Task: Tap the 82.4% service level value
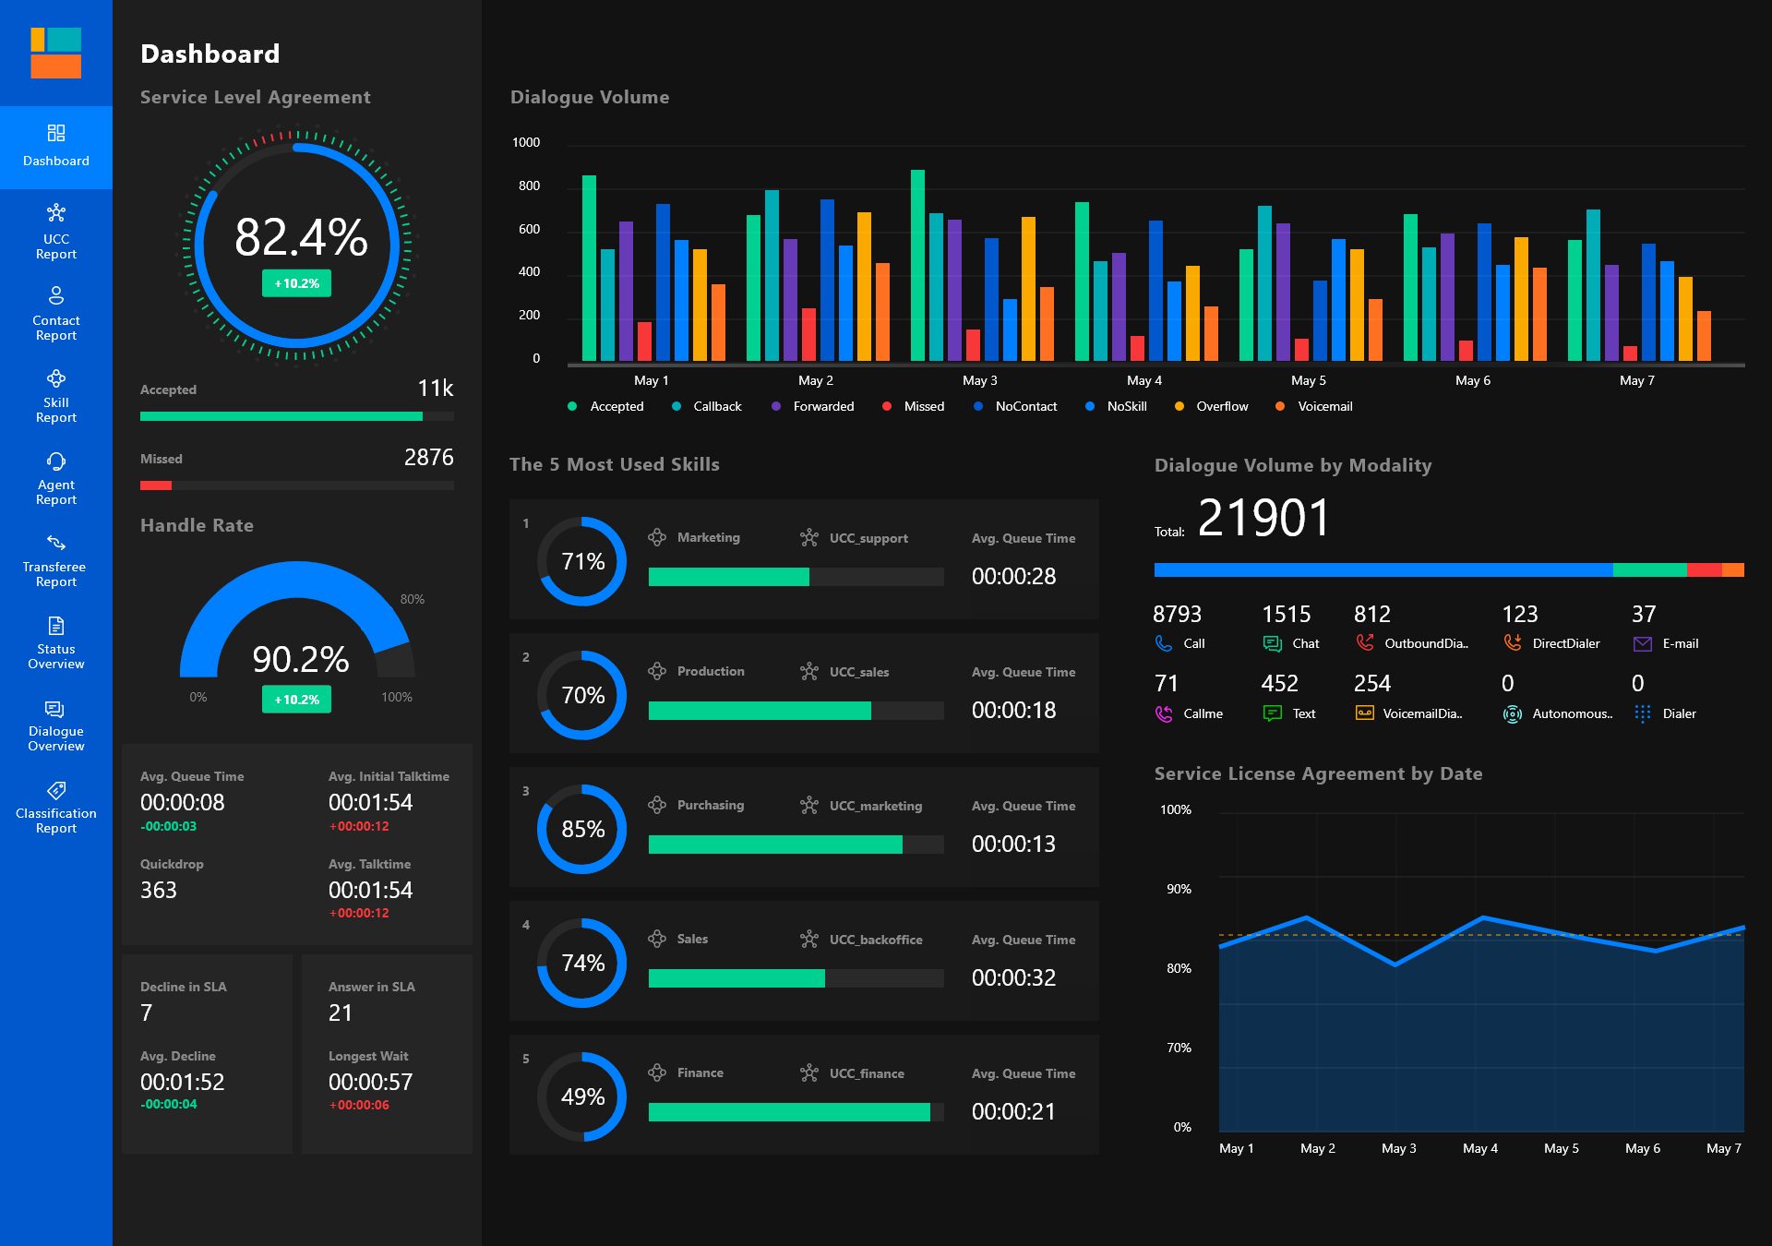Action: [301, 237]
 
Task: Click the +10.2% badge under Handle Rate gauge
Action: [296, 700]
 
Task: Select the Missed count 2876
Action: [428, 458]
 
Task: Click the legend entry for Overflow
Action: [1221, 406]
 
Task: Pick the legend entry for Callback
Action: [716, 406]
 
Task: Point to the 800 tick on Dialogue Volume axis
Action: [529, 186]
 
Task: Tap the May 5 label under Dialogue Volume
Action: [1308, 380]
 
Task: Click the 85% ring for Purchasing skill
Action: [582, 829]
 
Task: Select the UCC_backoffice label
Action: [875, 940]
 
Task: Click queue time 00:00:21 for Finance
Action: [1013, 1111]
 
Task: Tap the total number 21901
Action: [1263, 518]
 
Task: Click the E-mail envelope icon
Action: [1642, 644]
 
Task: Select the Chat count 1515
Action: [1286, 615]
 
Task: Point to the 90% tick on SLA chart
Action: [1179, 889]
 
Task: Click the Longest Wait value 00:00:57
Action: [370, 1082]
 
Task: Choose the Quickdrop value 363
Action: [159, 890]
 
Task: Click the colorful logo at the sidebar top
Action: [55, 53]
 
